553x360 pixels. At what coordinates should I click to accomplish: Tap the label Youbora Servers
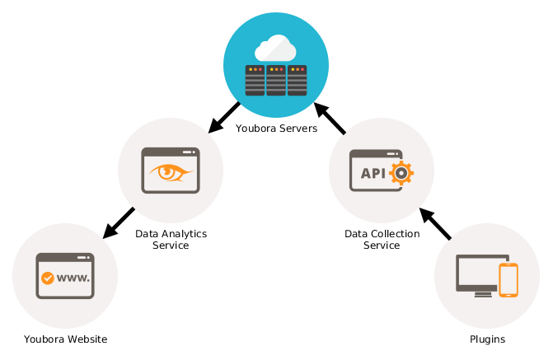276,129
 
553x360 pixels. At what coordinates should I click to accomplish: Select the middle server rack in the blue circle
276,81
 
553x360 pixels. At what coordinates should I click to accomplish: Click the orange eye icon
171,172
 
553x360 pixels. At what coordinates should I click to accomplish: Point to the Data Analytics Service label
171,240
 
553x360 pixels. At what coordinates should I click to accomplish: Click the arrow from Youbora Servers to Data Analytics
224,118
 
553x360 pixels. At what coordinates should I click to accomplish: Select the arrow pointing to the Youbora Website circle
119,223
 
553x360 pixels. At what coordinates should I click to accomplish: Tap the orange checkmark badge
48,278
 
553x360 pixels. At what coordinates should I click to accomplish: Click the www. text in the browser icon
73,278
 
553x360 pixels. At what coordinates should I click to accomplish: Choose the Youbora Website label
66,339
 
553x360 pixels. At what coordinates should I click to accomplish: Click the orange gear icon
401,173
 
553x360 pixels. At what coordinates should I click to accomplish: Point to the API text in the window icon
373,173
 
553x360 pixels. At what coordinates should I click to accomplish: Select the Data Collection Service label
382,240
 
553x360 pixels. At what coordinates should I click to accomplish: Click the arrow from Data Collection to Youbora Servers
330,118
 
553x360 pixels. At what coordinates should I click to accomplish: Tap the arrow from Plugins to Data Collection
435,224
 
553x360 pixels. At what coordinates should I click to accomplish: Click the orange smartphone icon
508,280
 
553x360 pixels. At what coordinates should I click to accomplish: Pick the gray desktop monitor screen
477,273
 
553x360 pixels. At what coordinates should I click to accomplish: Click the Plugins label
487,339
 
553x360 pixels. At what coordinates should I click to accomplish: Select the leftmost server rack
255,81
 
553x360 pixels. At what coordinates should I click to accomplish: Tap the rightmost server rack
297,81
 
